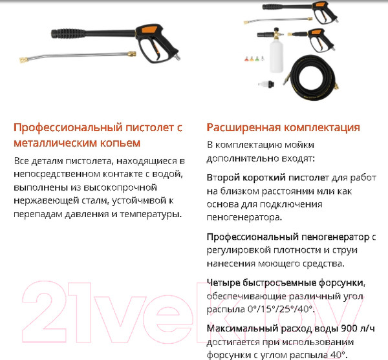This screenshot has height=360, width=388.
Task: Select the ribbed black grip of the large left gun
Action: tap(65, 32)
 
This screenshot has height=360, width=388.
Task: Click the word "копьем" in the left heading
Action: tap(119, 142)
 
